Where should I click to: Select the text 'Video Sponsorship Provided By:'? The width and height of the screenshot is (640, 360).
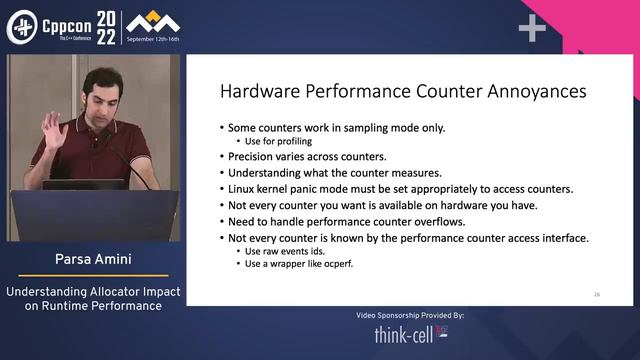(x=410, y=315)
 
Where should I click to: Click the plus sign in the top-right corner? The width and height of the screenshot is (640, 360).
(x=532, y=28)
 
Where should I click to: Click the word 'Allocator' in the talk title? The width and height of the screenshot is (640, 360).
(x=102, y=291)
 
